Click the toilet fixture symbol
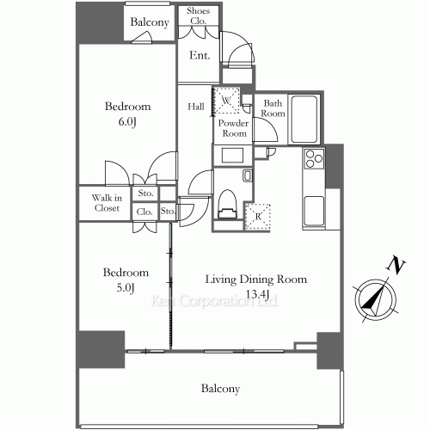point(227,204)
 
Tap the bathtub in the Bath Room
point(304,120)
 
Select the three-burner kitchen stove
point(314,158)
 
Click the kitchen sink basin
point(314,211)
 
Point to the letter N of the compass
point(396,267)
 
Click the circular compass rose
point(376,299)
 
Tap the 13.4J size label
point(257,294)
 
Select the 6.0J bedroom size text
point(127,122)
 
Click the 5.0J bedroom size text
point(126,287)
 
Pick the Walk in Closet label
point(107,203)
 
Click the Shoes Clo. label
point(198,15)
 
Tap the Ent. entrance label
point(200,55)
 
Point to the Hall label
point(196,107)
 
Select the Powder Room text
point(233,128)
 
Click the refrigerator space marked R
point(258,217)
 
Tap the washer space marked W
point(226,101)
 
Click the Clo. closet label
point(144,212)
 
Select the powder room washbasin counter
point(232,155)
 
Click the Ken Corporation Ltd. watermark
point(215,301)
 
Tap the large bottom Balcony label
point(220,389)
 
